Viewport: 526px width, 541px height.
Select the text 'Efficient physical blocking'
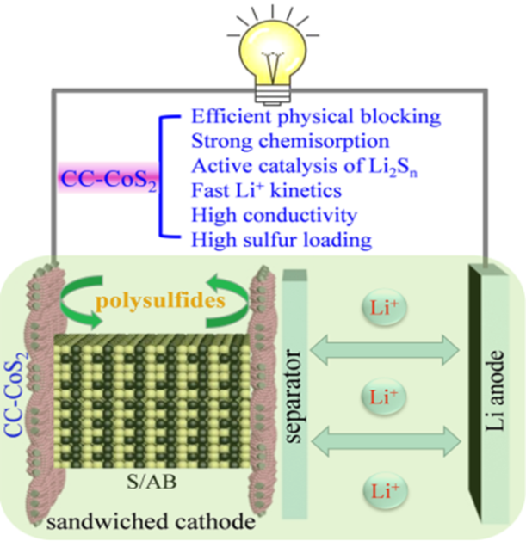[292, 116]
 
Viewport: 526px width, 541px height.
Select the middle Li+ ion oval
[381, 398]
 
